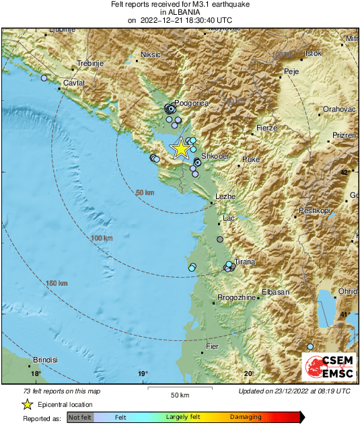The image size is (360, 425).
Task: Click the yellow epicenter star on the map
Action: pos(180,149)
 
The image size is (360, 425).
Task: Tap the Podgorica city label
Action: pos(195,103)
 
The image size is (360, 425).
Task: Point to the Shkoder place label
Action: pos(216,155)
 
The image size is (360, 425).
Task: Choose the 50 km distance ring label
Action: pos(145,193)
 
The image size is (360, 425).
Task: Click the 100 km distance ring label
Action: pos(102,238)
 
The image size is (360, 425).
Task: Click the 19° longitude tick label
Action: pos(143,374)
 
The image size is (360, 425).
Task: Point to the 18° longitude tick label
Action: pos(36,374)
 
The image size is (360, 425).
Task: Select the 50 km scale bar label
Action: pos(179,394)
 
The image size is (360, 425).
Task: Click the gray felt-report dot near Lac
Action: pos(219,239)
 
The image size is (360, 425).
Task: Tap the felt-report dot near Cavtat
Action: pos(44,79)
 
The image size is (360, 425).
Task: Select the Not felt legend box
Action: pos(80,417)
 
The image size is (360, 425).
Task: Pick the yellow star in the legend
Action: pos(27,404)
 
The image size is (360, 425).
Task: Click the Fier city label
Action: pos(212,346)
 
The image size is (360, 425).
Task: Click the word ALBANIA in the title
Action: pos(180,12)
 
